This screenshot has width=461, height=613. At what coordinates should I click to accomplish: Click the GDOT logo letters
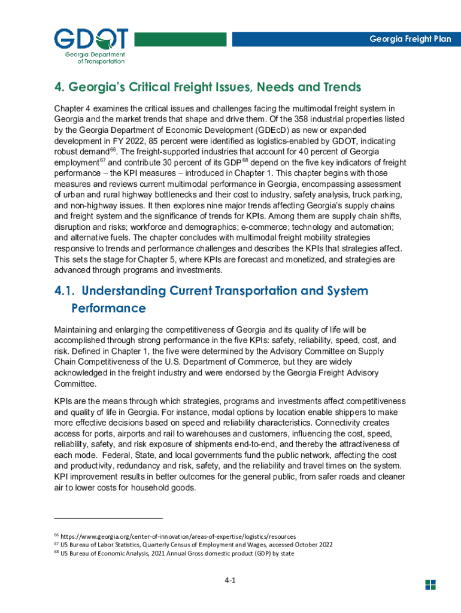click(90, 39)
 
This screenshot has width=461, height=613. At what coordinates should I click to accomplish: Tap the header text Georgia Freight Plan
click(410, 39)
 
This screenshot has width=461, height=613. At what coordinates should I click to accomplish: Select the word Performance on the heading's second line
click(108, 309)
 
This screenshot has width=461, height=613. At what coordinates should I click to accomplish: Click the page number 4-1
click(230, 581)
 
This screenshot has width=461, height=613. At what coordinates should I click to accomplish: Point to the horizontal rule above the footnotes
click(108, 517)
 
